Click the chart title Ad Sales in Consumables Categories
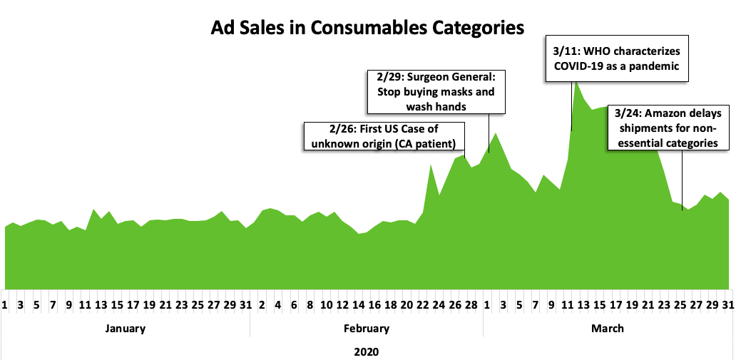[367, 28]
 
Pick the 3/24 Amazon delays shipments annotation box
[668, 128]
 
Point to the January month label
[125, 329]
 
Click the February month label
[367, 329]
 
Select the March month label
[608, 329]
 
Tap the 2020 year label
[367, 351]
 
